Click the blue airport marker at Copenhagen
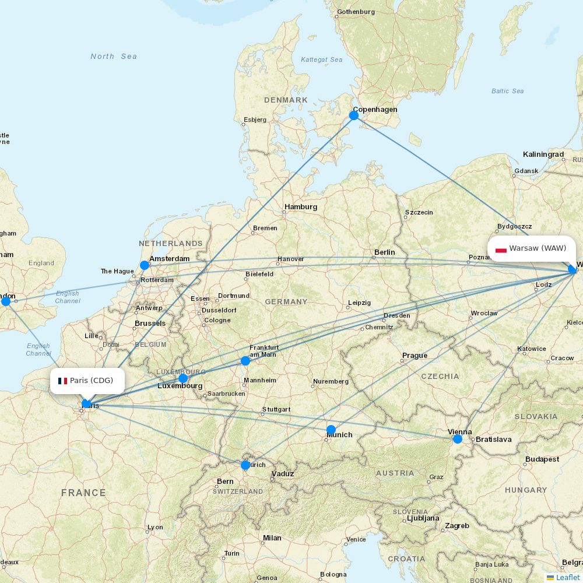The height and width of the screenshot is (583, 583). coord(354,115)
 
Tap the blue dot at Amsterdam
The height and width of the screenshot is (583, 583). coord(145,265)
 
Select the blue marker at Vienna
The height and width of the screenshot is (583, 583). coord(458,438)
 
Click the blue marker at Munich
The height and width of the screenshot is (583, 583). coord(331,430)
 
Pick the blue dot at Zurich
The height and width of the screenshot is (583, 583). coord(245,465)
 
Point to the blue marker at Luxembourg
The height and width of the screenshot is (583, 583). coord(183,378)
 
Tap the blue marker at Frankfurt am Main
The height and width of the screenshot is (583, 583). coord(245,361)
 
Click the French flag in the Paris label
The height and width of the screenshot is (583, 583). coord(62,381)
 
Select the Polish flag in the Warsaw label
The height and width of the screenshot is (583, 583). coord(501,248)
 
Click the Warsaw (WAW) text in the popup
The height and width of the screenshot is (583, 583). coord(538,248)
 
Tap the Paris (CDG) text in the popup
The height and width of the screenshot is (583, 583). coord(92,381)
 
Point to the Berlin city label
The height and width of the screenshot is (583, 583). coord(385,252)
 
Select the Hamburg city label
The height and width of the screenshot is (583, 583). coord(301,207)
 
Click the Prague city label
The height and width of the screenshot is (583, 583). coord(415,356)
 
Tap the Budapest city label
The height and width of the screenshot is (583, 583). coord(542,459)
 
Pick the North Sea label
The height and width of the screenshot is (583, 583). coord(114,57)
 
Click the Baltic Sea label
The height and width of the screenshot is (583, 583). coord(507,91)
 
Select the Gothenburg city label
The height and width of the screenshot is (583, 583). coord(356,12)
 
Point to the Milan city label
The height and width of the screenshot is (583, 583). coord(272,538)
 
